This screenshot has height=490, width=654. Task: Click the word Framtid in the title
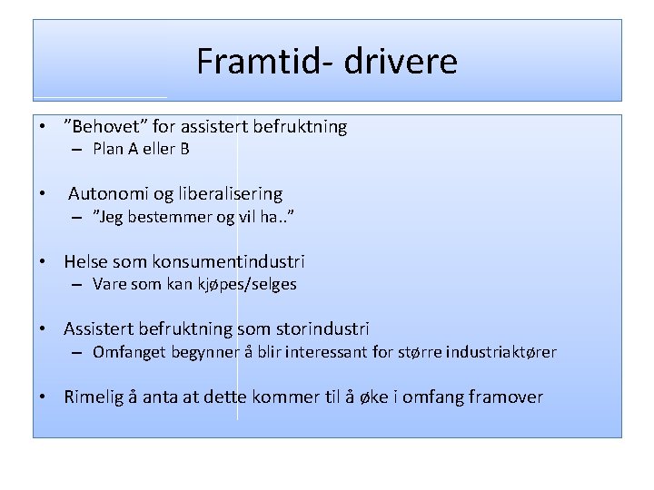(237, 62)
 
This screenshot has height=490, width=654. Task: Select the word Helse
(87, 261)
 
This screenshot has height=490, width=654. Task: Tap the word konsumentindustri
(229, 261)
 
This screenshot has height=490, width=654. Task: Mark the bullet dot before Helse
(43, 261)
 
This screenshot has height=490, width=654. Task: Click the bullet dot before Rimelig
(43, 397)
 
